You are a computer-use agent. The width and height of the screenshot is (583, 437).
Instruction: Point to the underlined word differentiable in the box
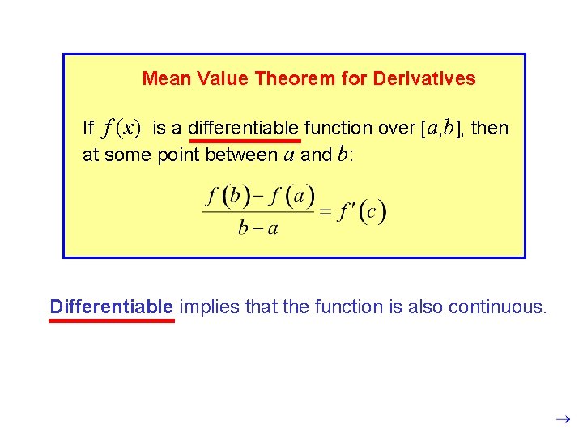(249, 128)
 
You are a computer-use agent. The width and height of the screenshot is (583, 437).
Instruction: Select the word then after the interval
(490, 128)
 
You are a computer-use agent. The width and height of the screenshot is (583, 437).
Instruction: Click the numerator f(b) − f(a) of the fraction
(261, 197)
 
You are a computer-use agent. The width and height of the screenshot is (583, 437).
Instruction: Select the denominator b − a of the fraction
(258, 227)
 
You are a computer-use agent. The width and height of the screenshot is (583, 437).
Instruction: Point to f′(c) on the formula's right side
(362, 212)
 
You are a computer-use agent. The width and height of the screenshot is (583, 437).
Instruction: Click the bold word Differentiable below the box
(111, 307)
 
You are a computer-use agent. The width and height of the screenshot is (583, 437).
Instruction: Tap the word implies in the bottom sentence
(206, 307)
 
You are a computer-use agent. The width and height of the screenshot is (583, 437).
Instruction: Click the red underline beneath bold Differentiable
(112, 320)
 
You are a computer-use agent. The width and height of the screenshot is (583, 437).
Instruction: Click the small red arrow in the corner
(564, 419)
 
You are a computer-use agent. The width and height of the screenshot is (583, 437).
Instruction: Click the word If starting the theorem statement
(88, 128)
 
